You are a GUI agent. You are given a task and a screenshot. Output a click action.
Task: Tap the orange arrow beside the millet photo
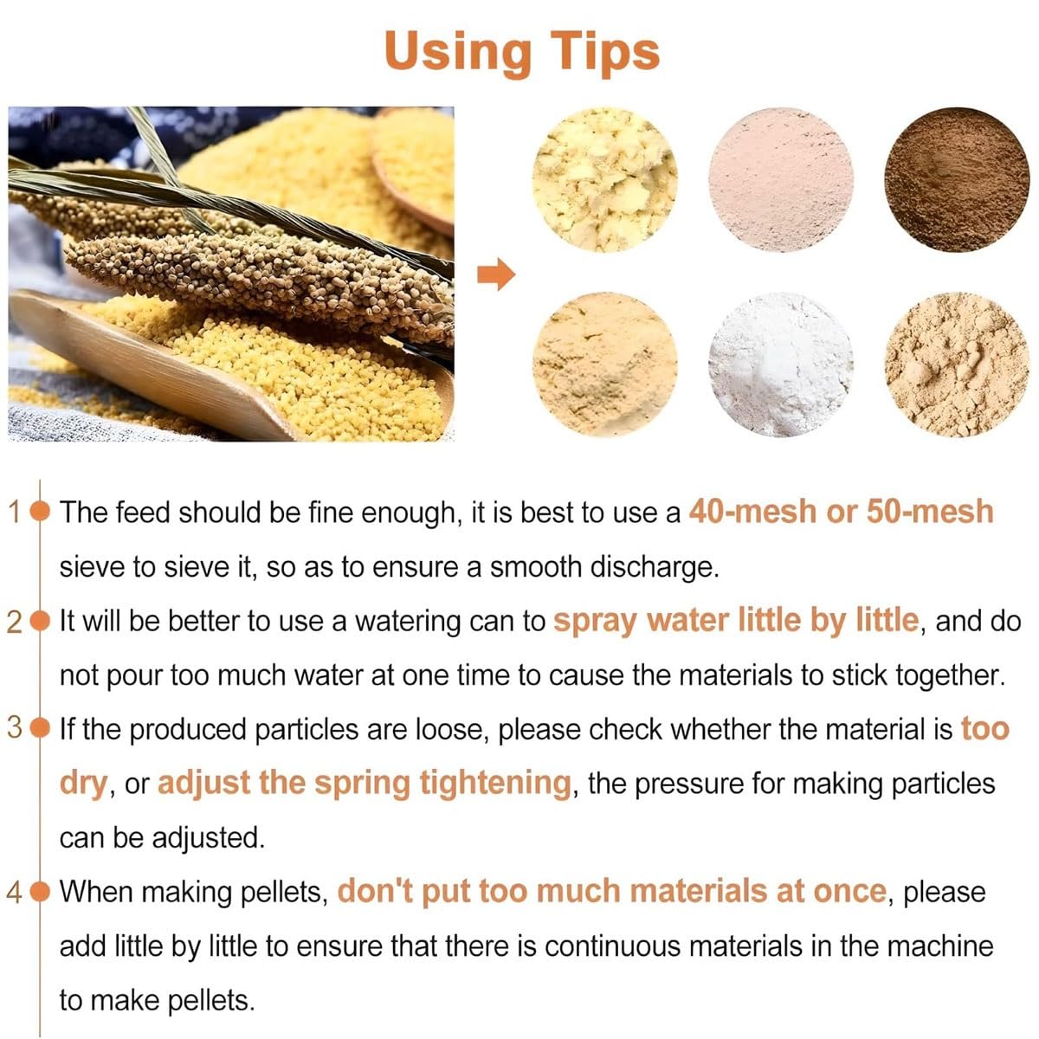point(496,274)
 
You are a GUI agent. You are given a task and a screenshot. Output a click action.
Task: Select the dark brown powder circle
point(957,179)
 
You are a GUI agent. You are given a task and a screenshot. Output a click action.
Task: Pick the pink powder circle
point(781,179)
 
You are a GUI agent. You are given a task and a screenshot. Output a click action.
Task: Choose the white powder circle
point(781,365)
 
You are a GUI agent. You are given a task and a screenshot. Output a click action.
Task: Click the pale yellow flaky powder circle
point(605,179)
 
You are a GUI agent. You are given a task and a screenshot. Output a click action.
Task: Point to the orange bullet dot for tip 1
point(40,511)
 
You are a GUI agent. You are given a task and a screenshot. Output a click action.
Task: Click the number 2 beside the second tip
point(15,623)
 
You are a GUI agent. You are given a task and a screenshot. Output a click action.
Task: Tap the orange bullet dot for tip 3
point(40,728)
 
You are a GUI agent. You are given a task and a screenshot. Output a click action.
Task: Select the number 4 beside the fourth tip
point(15,892)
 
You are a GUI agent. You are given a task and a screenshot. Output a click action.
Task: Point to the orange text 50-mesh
point(930,511)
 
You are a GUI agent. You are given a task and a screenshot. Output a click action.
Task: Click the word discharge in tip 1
point(655,567)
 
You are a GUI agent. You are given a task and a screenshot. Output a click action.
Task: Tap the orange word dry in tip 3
point(84,784)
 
